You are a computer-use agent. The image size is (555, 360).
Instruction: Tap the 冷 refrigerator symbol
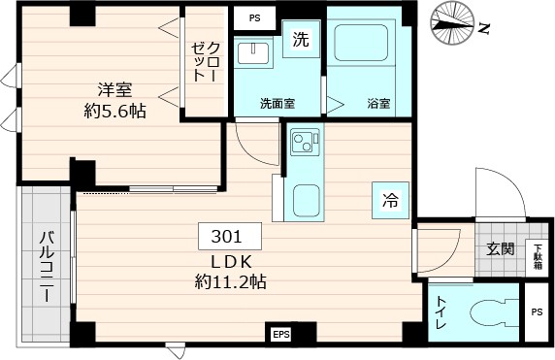(390, 201)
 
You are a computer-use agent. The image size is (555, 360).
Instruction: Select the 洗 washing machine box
(302, 42)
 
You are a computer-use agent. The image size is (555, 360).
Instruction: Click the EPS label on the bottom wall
(280, 335)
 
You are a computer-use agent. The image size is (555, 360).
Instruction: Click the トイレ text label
(442, 312)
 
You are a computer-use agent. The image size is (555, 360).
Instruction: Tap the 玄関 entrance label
(500, 247)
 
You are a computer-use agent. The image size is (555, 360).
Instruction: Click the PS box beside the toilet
(537, 311)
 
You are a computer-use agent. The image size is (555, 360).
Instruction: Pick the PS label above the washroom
(254, 17)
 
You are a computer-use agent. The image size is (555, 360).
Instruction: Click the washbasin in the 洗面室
(257, 50)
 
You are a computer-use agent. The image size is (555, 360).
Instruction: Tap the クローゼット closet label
(204, 63)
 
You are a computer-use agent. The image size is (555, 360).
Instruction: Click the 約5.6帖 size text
(114, 111)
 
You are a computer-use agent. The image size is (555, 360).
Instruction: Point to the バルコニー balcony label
(46, 264)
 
